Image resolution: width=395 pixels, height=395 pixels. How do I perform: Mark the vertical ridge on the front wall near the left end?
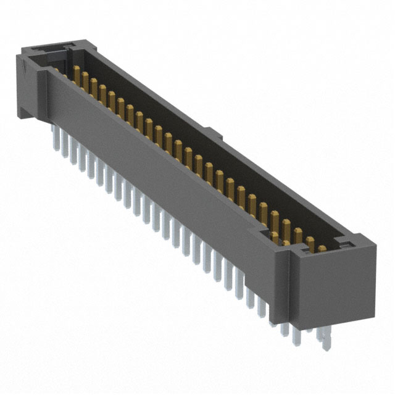44,93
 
